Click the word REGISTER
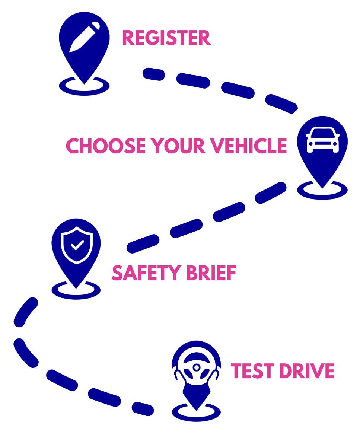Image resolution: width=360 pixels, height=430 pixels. (166, 38)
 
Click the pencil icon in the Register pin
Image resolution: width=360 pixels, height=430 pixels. (85, 37)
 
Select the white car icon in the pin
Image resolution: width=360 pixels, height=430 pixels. (322, 140)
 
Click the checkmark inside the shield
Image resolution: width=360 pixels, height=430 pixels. (77, 245)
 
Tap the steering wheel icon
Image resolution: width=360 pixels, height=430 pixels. (196, 367)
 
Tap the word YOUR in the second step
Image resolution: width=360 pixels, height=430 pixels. (181, 146)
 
